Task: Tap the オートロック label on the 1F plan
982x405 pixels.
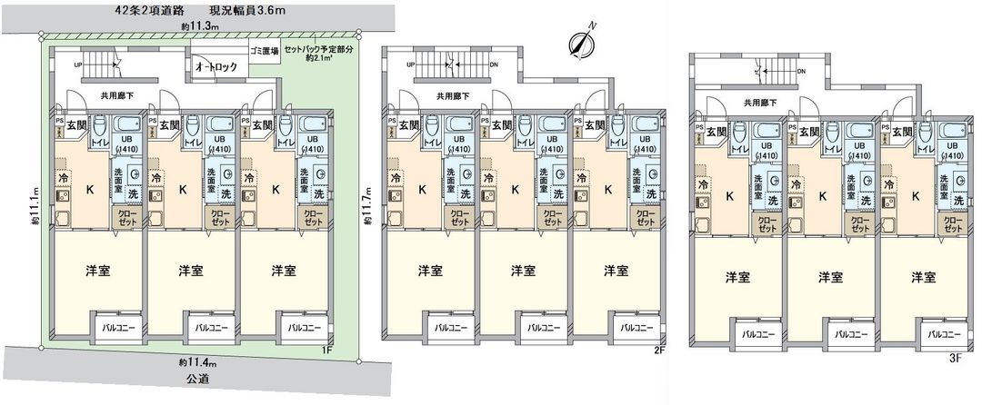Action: (x=215, y=66)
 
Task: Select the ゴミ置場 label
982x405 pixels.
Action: (x=263, y=52)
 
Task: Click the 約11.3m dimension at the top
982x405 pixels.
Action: (x=199, y=27)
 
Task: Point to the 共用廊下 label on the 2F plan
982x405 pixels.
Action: (x=453, y=95)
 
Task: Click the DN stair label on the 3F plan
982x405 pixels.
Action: (x=801, y=71)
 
